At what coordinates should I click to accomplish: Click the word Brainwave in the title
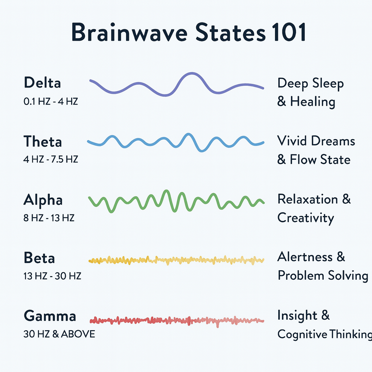(x=130, y=32)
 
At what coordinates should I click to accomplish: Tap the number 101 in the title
(x=289, y=32)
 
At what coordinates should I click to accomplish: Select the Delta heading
(x=43, y=82)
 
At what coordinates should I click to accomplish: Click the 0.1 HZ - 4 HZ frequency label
(x=51, y=102)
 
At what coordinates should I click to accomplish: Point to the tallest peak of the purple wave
(x=192, y=73)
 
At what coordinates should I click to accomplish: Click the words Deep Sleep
(x=311, y=84)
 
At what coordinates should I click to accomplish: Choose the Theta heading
(x=43, y=141)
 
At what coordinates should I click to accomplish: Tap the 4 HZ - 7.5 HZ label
(x=51, y=159)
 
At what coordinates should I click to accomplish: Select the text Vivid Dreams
(x=316, y=141)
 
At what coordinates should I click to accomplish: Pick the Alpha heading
(x=43, y=200)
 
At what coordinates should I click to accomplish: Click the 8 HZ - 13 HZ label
(x=49, y=218)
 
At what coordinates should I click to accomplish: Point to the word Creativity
(x=306, y=218)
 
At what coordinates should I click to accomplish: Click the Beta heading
(x=39, y=258)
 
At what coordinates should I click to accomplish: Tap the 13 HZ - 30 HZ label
(x=52, y=276)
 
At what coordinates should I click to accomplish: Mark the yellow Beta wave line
(x=176, y=260)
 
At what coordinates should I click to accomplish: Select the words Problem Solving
(x=323, y=276)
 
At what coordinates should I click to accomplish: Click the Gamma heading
(x=50, y=316)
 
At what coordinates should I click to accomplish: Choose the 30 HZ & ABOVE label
(x=59, y=334)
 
